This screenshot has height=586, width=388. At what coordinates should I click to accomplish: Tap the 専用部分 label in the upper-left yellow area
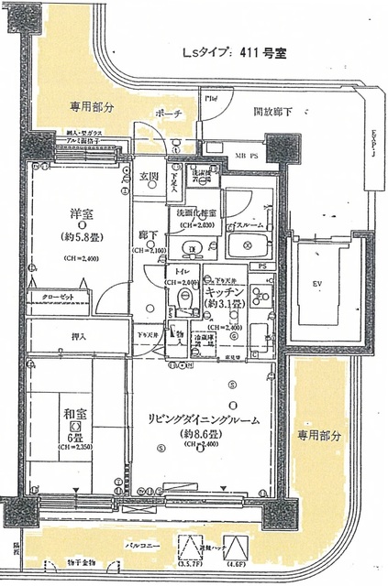pos(91,107)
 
